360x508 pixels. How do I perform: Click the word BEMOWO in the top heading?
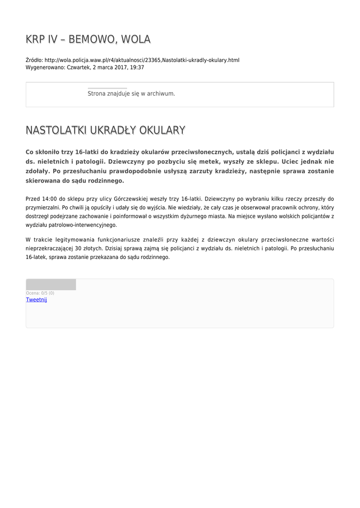click(89, 39)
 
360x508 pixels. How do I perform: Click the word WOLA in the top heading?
click(135, 39)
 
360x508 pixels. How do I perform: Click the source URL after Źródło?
click(142, 60)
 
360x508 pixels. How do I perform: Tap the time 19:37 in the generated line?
click(137, 67)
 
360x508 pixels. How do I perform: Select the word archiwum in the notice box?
click(161, 93)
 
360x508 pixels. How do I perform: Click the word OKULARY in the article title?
click(162, 130)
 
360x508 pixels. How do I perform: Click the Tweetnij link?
click(36, 300)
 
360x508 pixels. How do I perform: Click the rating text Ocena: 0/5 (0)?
click(40, 293)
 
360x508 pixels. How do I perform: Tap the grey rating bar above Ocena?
click(51, 284)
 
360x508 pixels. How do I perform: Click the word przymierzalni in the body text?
click(43, 207)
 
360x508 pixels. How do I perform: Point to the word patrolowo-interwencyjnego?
click(84, 225)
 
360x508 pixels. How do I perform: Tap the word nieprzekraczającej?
click(49, 249)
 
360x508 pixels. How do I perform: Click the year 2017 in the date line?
click(121, 67)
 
